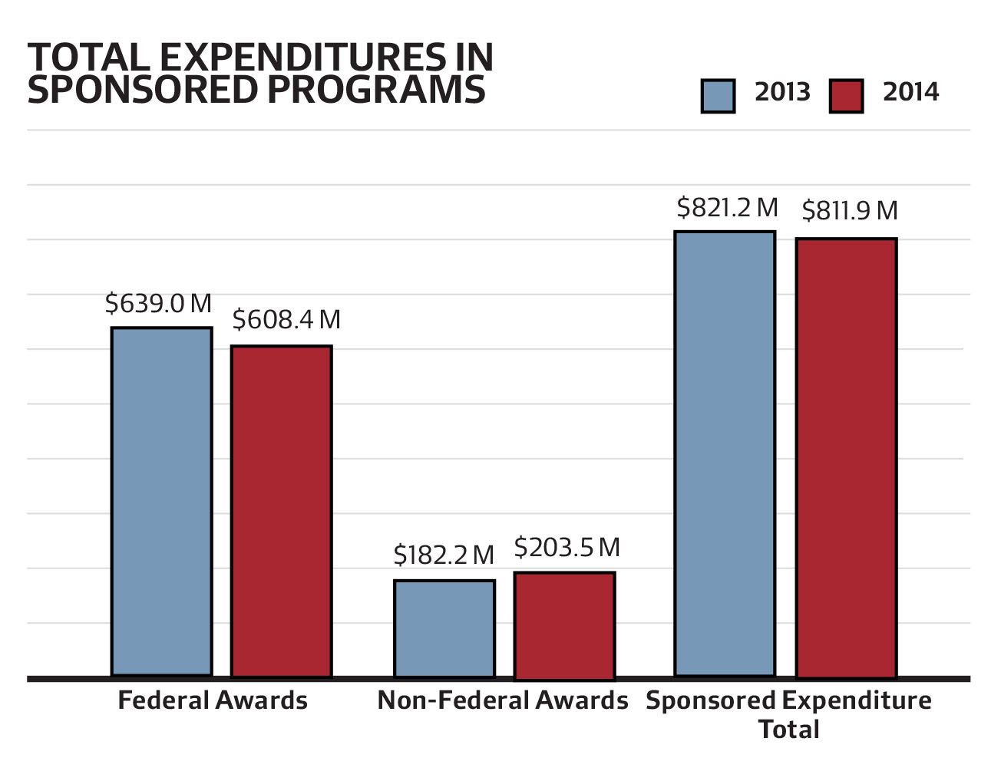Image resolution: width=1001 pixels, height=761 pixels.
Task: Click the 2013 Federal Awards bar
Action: pyautogui.click(x=161, y=502)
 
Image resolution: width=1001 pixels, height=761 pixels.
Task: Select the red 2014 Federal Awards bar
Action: pyautogui.click(x=282, y=511)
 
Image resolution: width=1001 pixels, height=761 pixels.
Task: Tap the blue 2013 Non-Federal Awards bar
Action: pyautogui.click(x=444, y=628)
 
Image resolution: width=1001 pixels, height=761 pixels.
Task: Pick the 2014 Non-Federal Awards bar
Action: pyautogui.click(x=564, y=624)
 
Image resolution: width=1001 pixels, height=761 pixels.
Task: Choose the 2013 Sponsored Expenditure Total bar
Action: pyautogui.click(x=725, y=453)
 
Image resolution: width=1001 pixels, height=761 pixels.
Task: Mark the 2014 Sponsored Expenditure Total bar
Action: pyautogui.click(x=846, y=457)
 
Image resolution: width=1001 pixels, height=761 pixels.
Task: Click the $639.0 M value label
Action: pyautogui.click(x=158, y=304)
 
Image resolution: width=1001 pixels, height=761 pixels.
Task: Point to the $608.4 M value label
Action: pyautogui.click(x=286, y=320)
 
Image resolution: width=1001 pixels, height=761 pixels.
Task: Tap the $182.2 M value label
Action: pyautogui.click(x=444, y=555)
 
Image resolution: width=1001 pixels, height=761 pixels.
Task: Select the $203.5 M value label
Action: pyautogui.click(x=567, y=548)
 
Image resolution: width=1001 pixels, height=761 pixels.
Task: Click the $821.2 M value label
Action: pyautogui.click(x=727, y=208)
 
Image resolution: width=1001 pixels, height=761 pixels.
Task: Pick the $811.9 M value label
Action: pyautogui.click(x=850, y=210)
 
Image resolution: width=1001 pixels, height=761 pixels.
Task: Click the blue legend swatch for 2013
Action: pyautogui.click(x=718, y=96)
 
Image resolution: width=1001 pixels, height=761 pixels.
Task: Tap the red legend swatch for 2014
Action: pyautogui.click(x=846, y=96)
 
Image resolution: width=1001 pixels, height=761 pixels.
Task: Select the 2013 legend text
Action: pyautogui.click(x=782, y=92)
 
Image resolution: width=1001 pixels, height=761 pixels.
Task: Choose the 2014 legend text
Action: pyautogui.click(x=910, y=92)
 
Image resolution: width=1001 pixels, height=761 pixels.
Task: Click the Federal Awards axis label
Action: pyautogui.click(x=213, y=700)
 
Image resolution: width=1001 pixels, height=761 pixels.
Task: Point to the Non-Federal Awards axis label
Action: pyautogui.click(x=503, y=700)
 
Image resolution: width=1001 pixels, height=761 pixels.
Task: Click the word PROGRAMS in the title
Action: pyautogui.click(x=376, y=90)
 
